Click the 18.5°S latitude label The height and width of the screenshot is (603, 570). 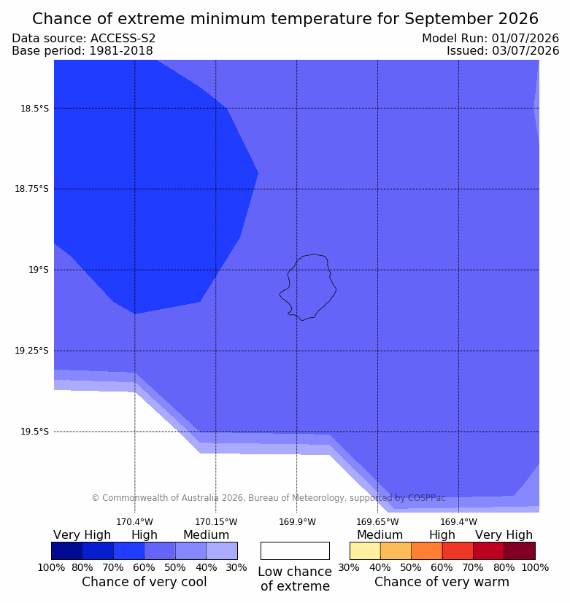point(34,109)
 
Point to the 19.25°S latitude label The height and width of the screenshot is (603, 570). point(32,351)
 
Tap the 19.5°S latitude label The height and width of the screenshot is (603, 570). point(34,432)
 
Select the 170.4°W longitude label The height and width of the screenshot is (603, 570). point(135,522)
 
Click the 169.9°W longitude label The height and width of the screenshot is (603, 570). point(297,522)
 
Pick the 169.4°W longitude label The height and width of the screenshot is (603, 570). point(459,522)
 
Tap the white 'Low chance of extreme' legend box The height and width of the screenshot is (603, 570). point(295,551)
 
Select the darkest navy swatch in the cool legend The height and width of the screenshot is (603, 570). point(67,551)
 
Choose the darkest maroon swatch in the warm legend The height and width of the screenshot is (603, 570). point(520,551)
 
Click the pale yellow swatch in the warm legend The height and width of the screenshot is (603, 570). point(365,551)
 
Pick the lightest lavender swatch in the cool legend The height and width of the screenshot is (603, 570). point(222,551)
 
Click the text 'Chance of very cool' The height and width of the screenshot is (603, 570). point(145,581)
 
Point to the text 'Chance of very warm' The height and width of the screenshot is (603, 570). point(442,581)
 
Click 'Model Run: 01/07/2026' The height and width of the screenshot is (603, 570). point(490,38)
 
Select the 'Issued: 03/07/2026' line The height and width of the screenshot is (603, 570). point(503,50)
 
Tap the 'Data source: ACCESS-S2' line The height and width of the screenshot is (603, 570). point(83,38)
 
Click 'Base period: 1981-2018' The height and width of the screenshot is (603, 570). point(82,51)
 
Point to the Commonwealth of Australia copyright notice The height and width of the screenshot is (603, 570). point(269,497)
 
